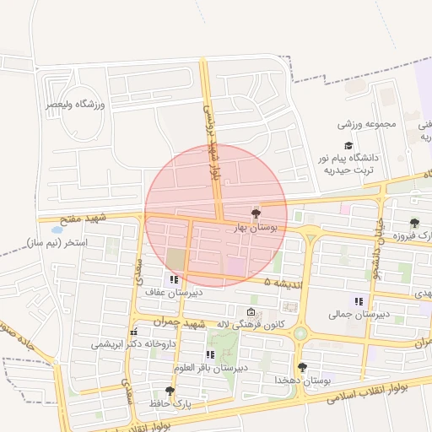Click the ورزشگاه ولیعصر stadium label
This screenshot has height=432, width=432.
tap(74, 104)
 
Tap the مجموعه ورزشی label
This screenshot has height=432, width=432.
tap(367, 125)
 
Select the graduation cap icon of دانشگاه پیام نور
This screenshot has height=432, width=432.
tap(348, 145)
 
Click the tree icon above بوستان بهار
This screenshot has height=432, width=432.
tap(256, 212)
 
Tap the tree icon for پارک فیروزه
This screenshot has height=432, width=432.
tap(414, 223)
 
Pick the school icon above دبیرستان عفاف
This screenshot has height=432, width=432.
tap(174, 279)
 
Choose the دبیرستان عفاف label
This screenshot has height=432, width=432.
tap(165, 292)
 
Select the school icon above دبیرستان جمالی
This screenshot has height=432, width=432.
tap(359, 301)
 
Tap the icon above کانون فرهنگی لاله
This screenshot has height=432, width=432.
tap(249, 311)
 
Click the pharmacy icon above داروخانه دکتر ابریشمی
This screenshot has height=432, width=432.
tap(133, 332)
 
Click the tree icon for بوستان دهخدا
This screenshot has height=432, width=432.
tap(301, 367)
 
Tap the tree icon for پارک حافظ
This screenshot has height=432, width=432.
tap(170, 391)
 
